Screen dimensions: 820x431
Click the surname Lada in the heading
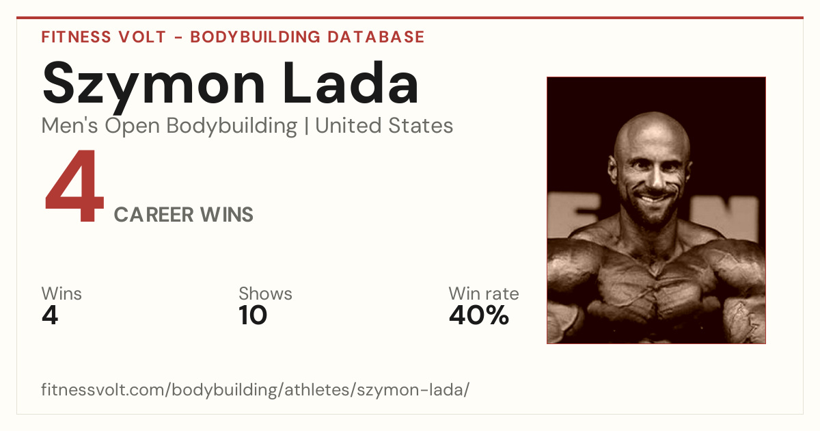351,83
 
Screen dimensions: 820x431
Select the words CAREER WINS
183,215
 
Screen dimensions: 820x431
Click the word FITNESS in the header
76,37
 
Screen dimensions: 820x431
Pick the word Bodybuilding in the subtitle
232,127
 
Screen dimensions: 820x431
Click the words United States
384,126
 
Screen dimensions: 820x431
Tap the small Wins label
61,293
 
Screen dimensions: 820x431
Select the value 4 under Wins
50,315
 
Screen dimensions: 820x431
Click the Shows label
265,293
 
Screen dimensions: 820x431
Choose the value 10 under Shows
253,315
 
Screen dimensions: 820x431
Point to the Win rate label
484,293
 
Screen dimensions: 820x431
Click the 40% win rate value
479,315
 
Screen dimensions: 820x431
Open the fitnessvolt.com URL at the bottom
255,389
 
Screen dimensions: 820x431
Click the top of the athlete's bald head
653,114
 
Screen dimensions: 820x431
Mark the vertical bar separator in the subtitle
306,126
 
